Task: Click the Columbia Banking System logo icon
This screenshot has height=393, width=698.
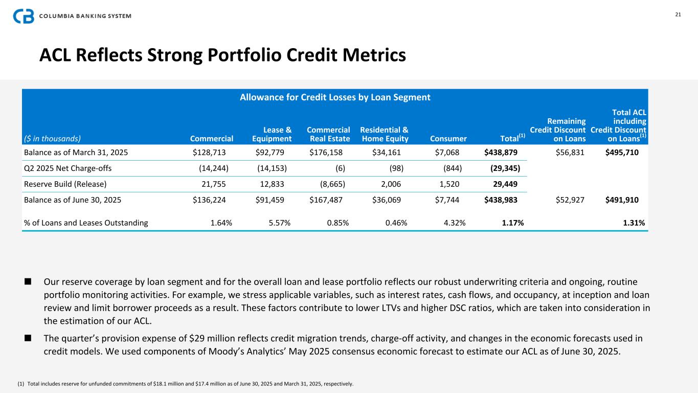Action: (24, 16)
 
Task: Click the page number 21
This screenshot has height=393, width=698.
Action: (678, 14)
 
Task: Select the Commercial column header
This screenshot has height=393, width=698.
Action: (211, 138)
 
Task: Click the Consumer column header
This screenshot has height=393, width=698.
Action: (448, 138)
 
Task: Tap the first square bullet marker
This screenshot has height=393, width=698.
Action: (28, 281)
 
